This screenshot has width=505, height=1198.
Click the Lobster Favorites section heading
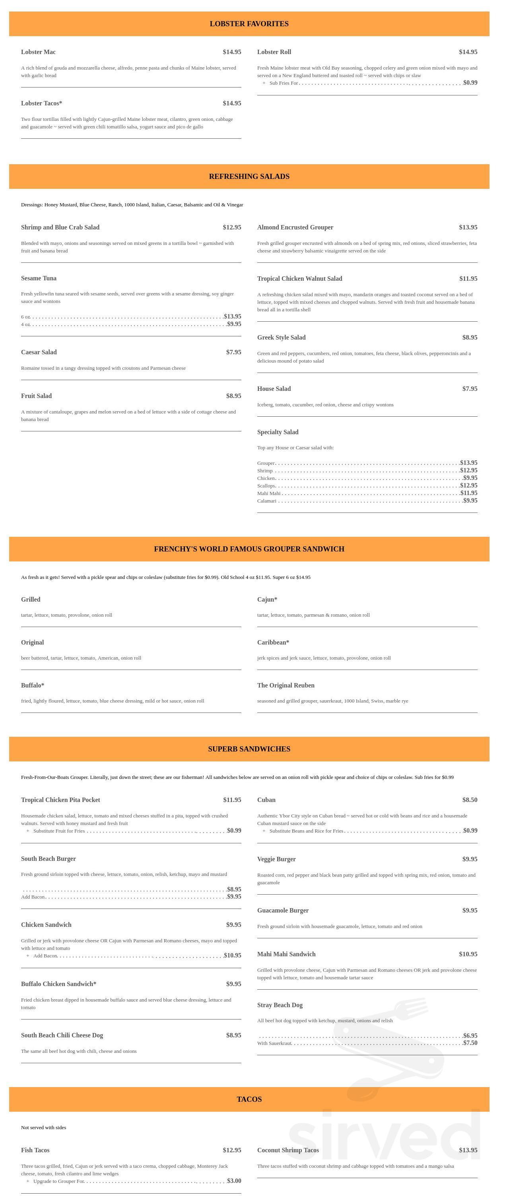[249, 24]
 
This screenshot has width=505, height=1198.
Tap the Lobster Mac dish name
[38, 52]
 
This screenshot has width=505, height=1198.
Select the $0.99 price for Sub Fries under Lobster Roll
[470, 83]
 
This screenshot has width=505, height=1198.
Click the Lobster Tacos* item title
[41, 103]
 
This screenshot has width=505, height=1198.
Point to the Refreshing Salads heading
[249, 176]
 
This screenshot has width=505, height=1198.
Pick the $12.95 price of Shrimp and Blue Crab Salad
[231, 227]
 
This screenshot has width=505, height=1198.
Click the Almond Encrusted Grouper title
[295, 227]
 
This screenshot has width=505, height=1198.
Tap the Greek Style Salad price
[470, 338]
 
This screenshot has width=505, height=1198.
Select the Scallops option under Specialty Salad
[266, 486]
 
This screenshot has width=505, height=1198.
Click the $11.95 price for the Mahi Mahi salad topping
[469, 493]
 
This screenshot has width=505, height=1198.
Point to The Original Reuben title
[286, 685]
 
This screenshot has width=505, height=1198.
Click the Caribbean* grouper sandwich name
[273, 643]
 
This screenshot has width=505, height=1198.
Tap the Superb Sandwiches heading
[249, 749]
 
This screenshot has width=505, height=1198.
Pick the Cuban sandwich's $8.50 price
[470, 800]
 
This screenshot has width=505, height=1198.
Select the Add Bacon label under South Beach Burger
[33, 897]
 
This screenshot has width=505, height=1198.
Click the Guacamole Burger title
[283, 911]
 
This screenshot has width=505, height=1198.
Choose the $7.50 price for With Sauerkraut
[470, 1043]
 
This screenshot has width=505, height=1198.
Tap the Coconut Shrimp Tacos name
[288, 1151]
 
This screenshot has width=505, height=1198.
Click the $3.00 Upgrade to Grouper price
[234, 1181]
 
